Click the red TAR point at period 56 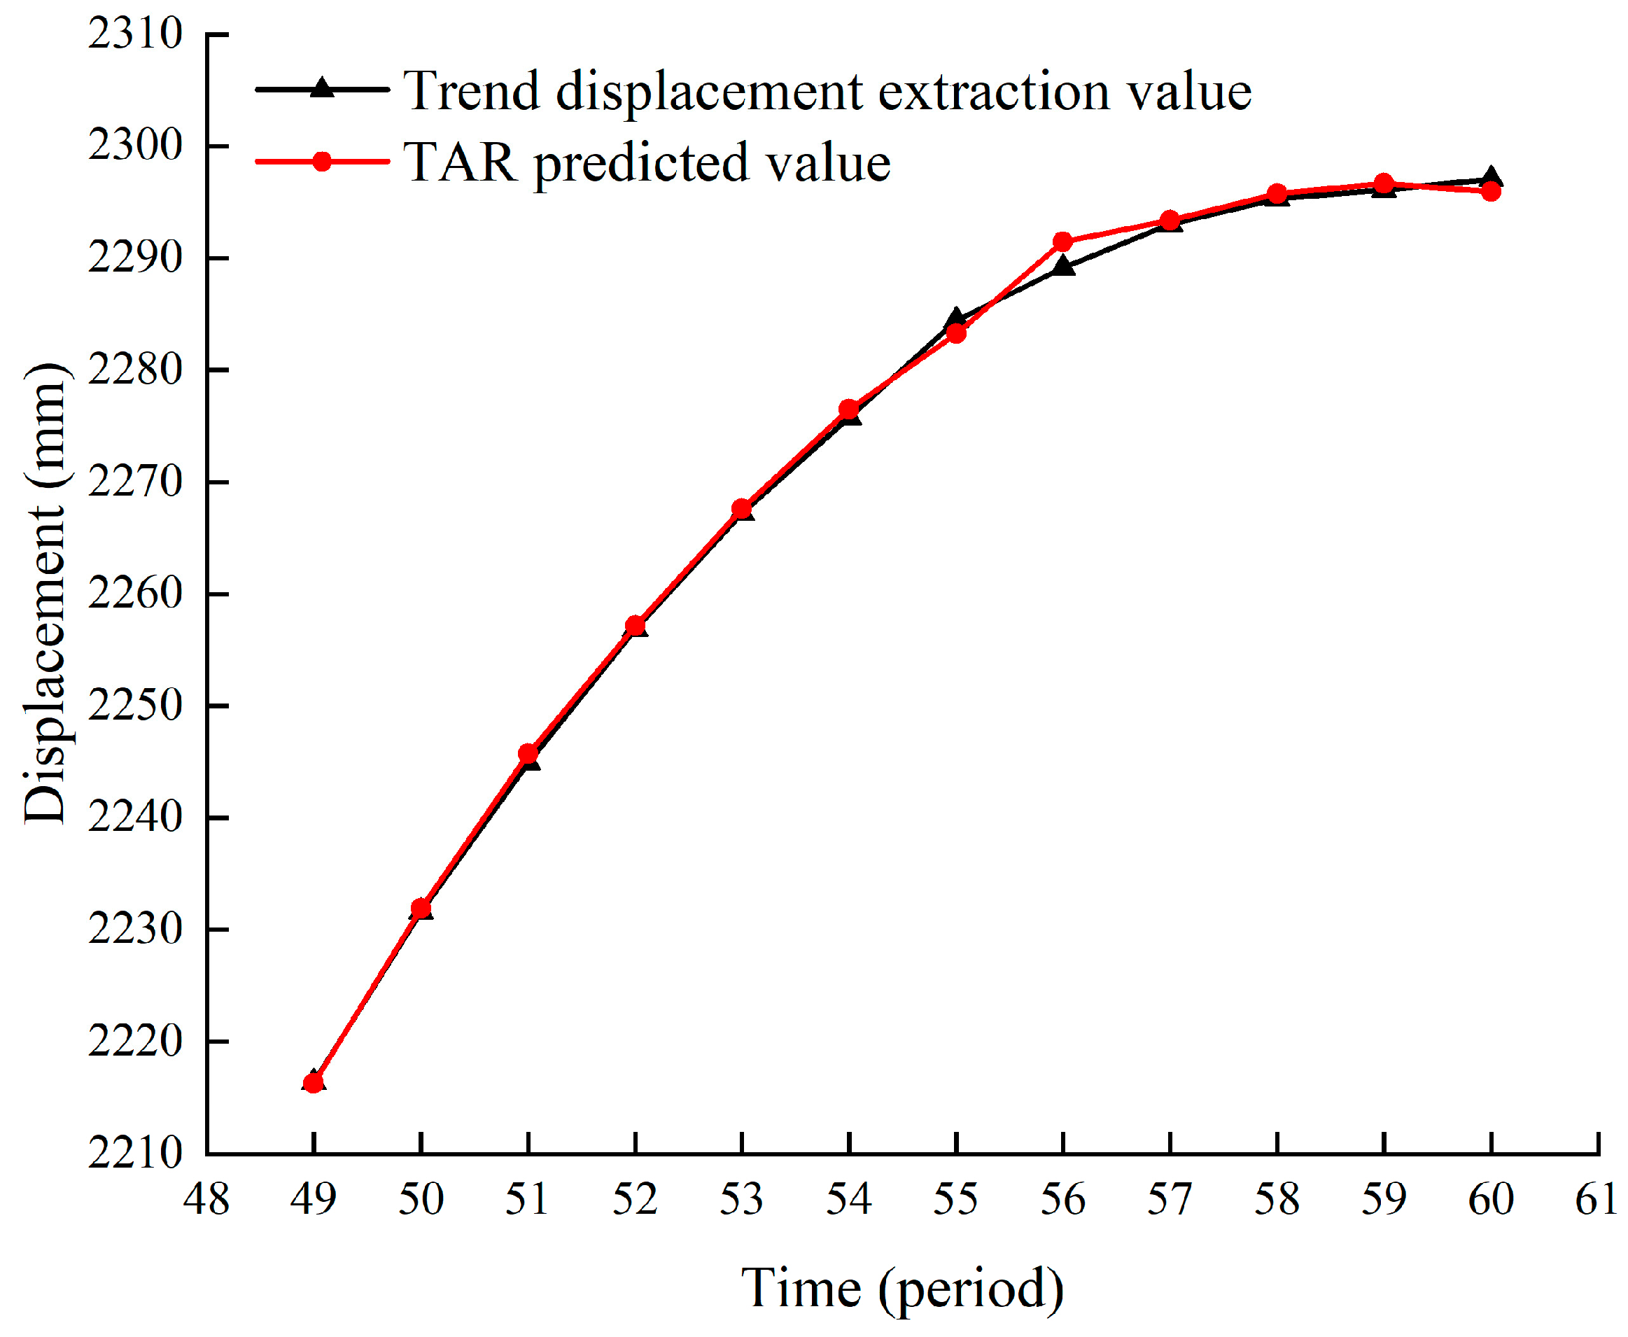[x=1062, y=241]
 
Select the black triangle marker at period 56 [x=1063, y=267]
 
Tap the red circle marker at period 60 [x=1491, y=190]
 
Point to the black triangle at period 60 [x=1491, y=176]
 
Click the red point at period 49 [x=314, y=1083]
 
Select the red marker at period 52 [x=636, y=625]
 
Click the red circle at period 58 [x=1277, y=194]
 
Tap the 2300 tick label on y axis [x=135, y=145]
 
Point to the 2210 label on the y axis [x=135, y=1153]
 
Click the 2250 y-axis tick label [x=135, y=705]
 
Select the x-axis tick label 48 [x=206, y=1199]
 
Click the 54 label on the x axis [x=849, y=1199]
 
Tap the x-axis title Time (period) [x=901, y=1288]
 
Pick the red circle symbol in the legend [x=322, y=162]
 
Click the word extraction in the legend [x=993, y=91]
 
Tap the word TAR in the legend [x=459, y=163]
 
